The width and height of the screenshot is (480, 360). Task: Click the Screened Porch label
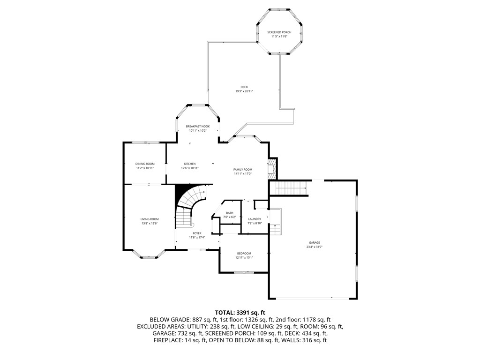[x=279, y=32]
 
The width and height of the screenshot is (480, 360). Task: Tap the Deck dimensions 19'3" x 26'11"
[x=244, y=91]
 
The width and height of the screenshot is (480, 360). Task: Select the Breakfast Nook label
[x=197, y=126]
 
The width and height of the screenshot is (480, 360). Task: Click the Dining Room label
[x=145, y=164]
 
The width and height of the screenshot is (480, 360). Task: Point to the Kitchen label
[x=190, y=164]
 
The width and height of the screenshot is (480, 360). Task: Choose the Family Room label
[x=243, y=169]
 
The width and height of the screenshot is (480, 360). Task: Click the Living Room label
[x=150, y=219]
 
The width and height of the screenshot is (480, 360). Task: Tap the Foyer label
[x=197, y=233]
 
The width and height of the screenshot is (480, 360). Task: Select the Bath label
[x=230, y=213]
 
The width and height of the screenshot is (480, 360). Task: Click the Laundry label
[x=255, y=219]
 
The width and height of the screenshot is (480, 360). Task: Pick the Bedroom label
[x=244, y=253]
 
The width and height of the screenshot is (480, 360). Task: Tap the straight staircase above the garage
[x=291, y=188]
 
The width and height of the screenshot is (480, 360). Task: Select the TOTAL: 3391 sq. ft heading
[x=240, y=312]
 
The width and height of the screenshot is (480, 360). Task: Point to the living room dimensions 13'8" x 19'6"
[x=150, y=223]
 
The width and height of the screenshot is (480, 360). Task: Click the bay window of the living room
[x=149, y=256]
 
